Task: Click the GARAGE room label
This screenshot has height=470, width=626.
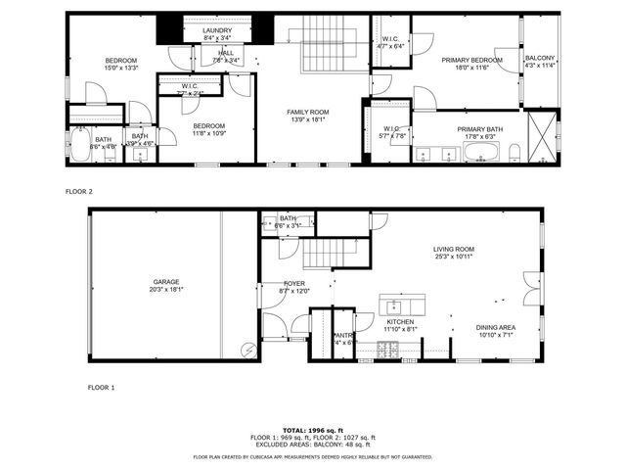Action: click(165, 282)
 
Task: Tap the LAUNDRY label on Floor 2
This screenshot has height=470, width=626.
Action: click(217, 31)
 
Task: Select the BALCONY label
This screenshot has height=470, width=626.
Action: click(540, 59)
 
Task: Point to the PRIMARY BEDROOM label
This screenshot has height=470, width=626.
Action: click(470, 60)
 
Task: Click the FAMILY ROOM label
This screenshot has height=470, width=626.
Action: click(307, 112)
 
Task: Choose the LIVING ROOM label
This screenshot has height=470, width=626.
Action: click(454, 250)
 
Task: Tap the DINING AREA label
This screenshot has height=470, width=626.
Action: click(496, 328)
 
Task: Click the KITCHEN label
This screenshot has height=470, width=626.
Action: click(400, 322)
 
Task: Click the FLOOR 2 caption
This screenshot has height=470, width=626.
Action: click(78, 192)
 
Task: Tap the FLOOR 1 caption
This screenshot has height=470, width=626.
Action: click(101, 388)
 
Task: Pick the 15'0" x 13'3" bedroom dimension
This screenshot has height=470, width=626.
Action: click(121, 69)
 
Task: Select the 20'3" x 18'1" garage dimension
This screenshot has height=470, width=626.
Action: click(165, 290)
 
